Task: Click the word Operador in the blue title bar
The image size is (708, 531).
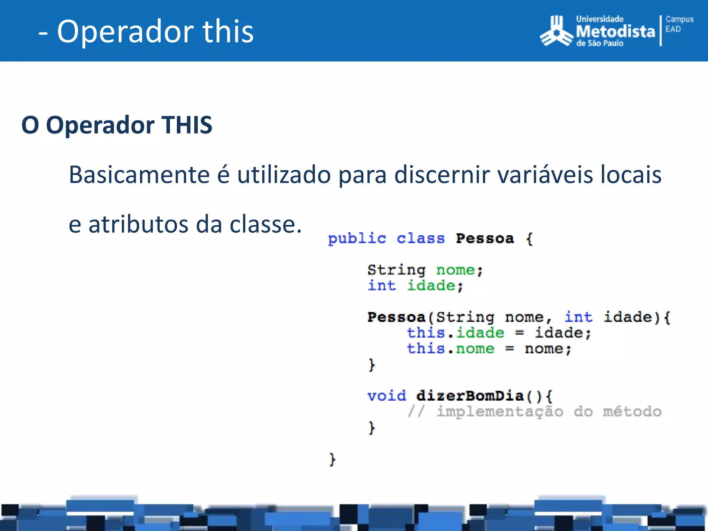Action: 125,32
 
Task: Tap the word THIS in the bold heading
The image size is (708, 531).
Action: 187,125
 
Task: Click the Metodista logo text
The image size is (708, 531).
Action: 615,31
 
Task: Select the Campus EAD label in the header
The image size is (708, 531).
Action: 679,24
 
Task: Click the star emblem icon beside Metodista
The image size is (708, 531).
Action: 556,32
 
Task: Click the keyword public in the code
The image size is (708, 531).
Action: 357,239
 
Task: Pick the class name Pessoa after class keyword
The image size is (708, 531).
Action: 485,239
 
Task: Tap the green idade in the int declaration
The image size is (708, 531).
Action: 431,286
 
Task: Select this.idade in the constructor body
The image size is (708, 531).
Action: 455,333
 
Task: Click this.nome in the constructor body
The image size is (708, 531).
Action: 450,348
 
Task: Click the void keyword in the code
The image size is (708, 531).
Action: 386,396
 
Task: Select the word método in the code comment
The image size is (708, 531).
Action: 632,411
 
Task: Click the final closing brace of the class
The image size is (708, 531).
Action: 332,459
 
